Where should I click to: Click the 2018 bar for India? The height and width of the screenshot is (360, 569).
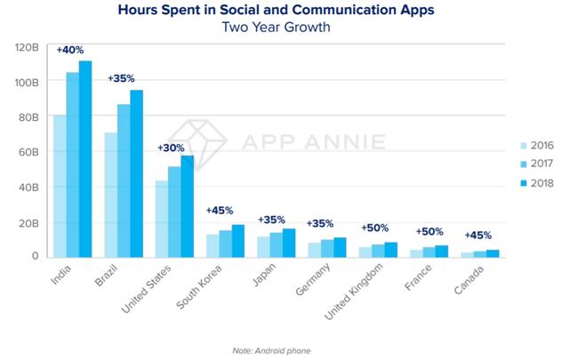(85, 160)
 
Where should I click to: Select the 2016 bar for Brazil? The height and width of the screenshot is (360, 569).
(111, 196)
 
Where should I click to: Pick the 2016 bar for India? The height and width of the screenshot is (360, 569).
(60, 187)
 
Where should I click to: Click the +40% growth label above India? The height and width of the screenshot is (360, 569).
(70, 50)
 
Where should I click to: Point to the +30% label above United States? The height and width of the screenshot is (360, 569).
(172, 147)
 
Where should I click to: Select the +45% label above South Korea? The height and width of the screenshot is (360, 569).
(220, 211)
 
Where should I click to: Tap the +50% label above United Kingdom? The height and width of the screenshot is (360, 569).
(374, 228)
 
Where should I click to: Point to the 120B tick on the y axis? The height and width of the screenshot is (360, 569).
(26, 46)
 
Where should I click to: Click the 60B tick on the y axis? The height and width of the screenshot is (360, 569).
(28, 152)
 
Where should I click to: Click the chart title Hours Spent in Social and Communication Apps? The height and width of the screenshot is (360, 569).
(284, 12)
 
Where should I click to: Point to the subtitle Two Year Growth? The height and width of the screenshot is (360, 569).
(284, 28)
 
